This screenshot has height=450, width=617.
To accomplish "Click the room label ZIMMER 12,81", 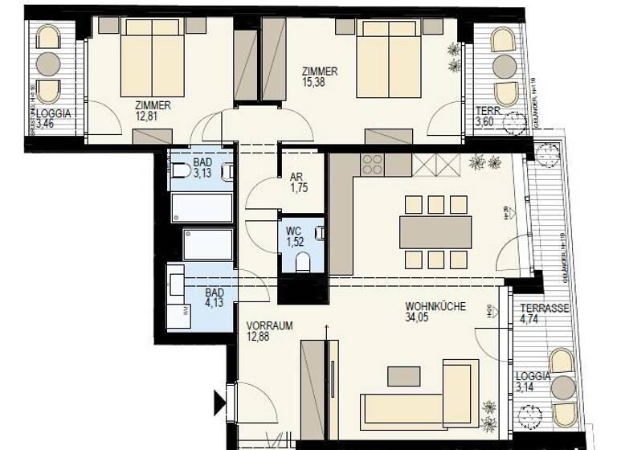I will click(x=153, y=110).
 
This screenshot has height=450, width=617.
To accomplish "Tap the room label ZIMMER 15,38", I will click(x=320, y=76).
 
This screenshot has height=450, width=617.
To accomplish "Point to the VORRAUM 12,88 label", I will click(x=269, y=330).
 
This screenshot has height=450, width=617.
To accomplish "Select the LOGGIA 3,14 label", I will click(x=533, y=381).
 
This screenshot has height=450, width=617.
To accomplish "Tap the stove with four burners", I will click(x=372, y=165).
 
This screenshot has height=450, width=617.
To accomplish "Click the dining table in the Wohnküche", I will click(x=435, y=232).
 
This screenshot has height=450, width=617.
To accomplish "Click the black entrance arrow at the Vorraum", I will click(x=219, y=402).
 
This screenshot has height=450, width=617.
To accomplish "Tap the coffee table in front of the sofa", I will click(x=403, y=376).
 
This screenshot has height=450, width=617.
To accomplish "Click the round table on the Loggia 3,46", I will click(x=48, y=63).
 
